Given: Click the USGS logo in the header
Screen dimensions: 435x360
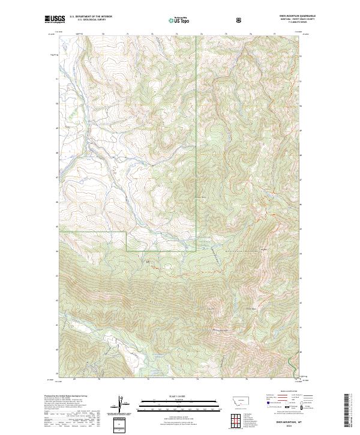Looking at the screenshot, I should tap(55, 20).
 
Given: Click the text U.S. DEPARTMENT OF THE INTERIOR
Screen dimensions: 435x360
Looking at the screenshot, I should tap(91, 17).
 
